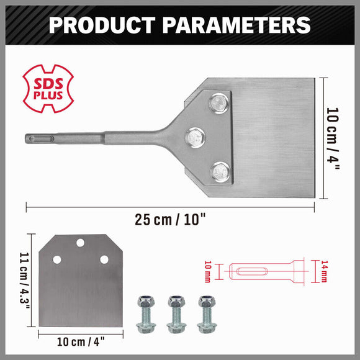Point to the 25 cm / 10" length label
(x=171, y=219)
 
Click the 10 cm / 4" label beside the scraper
(x=333, y=138)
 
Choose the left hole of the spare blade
(x=57, y=259)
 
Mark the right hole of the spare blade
(x=104, y=259)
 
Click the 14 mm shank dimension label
(x=323, y=272)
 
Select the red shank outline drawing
(x=267, y=272)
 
